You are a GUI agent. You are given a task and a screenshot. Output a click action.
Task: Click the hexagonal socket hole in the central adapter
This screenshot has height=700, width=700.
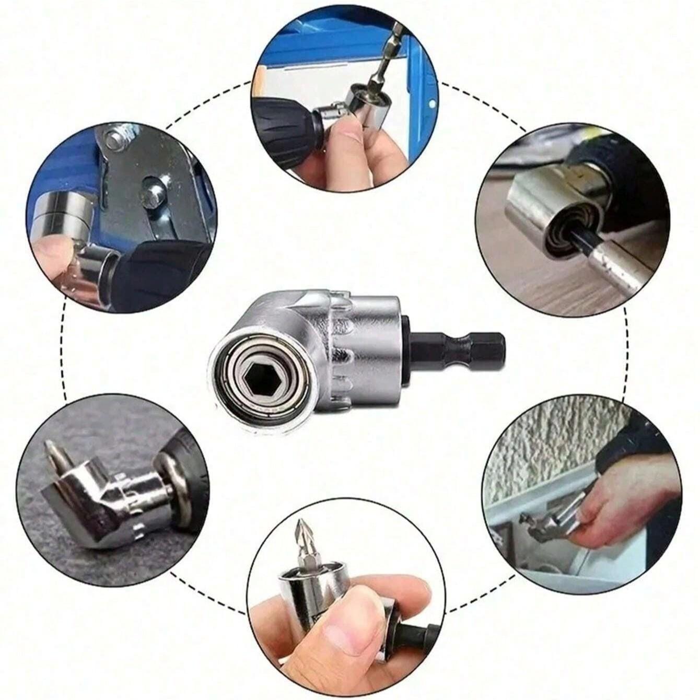point(253,375)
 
